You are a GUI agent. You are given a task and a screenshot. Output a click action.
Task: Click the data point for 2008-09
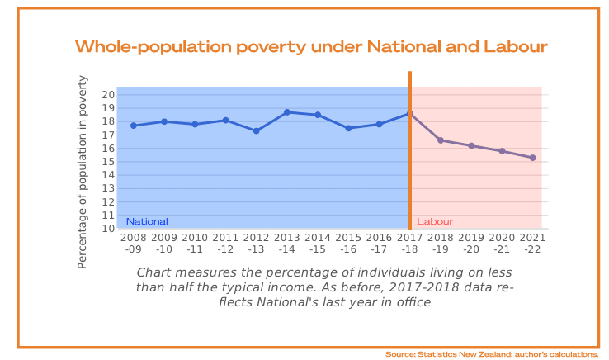point(134,126)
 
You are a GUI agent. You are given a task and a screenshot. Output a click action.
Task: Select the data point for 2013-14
point(287,112)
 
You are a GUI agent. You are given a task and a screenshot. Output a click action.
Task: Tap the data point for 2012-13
point(257,130)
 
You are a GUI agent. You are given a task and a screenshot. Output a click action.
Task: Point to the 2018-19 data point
point(441,140)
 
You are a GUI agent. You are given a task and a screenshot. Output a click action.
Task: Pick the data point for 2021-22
point(533,158)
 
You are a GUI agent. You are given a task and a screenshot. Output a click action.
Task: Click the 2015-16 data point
point(349,128)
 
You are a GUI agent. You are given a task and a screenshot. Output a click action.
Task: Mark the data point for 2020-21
point(502,151)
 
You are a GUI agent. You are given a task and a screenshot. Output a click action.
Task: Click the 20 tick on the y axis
point(108,94)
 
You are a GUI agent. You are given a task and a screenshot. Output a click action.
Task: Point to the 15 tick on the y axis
point(108,162)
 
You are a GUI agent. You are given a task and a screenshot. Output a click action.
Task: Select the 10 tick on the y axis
point(108,229)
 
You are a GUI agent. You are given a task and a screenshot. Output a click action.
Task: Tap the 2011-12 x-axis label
point(225,243)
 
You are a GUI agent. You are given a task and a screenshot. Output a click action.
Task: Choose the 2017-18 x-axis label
point(410,243)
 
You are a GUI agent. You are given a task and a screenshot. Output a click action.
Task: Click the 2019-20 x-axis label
point(471,243)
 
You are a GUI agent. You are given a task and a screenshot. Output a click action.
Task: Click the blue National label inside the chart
point(147,221)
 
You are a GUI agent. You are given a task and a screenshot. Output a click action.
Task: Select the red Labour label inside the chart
point(435,221)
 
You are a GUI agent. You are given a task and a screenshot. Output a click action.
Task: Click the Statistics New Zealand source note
point(491,354)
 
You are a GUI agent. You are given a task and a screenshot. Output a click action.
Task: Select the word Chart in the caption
point(153,272)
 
